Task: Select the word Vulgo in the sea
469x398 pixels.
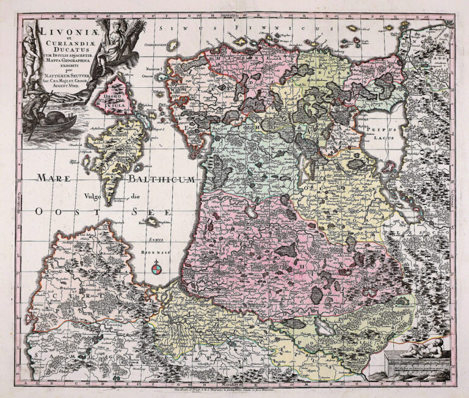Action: pos(89,196)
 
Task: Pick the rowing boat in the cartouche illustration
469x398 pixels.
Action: pos(56,121)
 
